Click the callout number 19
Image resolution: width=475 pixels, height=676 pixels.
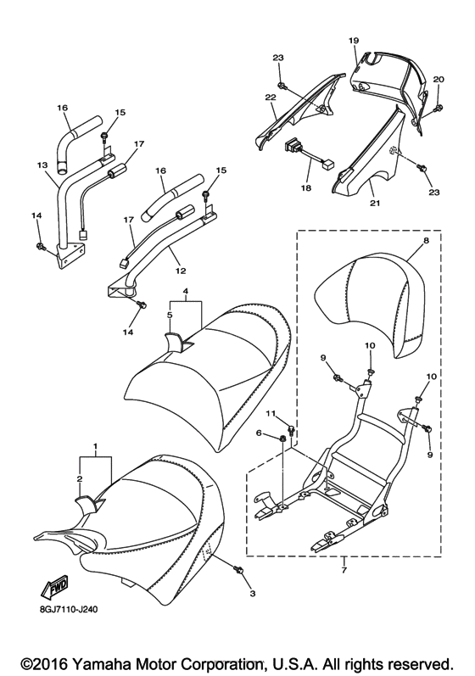(x=354, y=40)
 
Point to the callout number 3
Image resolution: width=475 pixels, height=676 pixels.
(x=252, y=593)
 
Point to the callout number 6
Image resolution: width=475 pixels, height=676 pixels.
(x=260, y=433)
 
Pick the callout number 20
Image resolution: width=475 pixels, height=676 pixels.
(x=439, y=79)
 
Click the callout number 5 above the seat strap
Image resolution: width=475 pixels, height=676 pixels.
(x=170, y=314)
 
